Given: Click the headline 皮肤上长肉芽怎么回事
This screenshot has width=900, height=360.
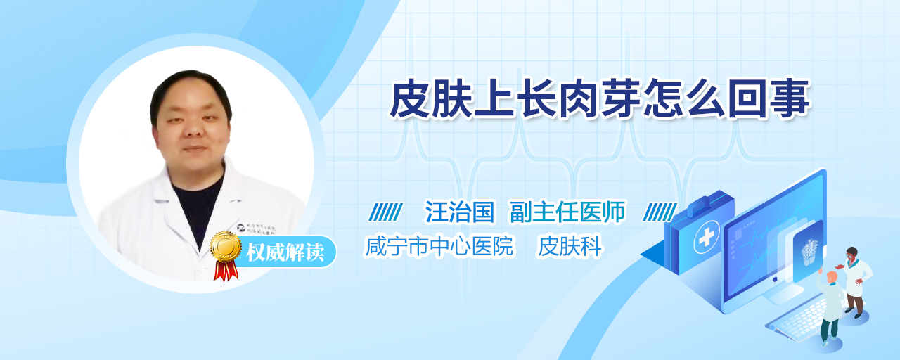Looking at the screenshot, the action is coord(600,99).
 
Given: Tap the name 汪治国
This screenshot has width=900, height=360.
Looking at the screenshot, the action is coord(459,212).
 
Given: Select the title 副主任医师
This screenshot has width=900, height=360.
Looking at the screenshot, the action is coord(567,212).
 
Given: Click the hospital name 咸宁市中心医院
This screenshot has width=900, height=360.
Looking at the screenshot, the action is coord(439,246).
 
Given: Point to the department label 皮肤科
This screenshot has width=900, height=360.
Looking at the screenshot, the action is coord(570,246).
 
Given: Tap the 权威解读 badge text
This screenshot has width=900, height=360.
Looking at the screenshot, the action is coord(285,252).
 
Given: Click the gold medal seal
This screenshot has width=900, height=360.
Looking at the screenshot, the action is coord(226,245).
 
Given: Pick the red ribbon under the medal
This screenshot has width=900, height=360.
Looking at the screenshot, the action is coord(226,271).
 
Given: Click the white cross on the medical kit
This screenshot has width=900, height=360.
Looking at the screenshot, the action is coord(707,238).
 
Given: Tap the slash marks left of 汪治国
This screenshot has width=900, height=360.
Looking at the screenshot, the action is coord(385,212).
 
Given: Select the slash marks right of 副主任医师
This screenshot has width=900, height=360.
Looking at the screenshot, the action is coord(660,212).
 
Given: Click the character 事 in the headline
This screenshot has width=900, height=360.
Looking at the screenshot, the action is coord(789,99).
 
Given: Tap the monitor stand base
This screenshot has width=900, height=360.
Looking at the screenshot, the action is coord(783,296).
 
